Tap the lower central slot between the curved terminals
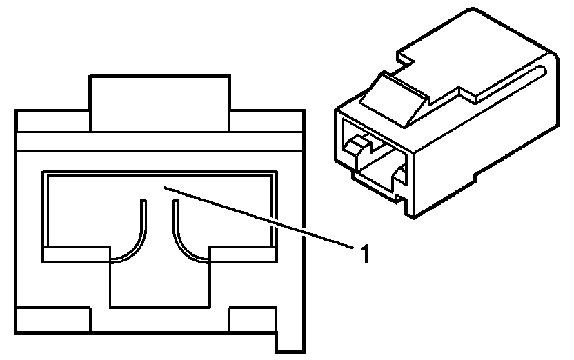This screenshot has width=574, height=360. tap(159, 283)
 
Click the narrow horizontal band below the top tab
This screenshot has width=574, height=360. tap(159, 142)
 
